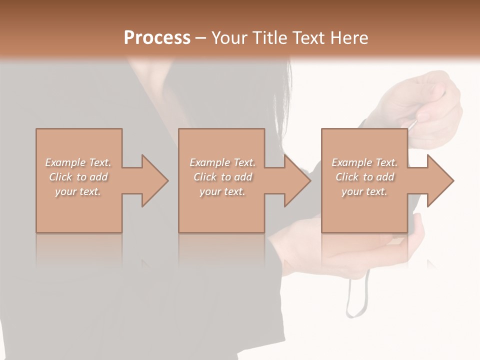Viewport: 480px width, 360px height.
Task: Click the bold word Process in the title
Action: coord(157,38)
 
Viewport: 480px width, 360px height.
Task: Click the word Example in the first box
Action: coord(65,162)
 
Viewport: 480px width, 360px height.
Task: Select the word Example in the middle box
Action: coord(209,162)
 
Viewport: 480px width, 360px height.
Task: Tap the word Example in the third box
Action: coord(351,162)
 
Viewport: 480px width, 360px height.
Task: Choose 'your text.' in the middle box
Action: coord(222,191)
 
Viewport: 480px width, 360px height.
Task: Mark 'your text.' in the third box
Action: coord(364,191)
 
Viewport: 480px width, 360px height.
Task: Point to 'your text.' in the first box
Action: coord(77,191)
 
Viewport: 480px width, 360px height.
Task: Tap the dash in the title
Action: coord(200,38)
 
